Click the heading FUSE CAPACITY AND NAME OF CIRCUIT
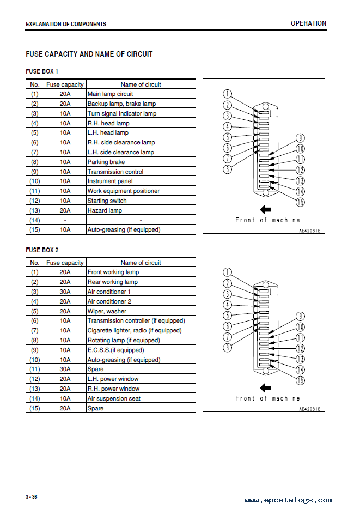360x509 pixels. coord(89,54)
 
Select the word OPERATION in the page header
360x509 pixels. coord(308,23)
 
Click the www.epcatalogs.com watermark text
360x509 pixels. coord(288,500)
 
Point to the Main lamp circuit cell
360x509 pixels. coord(110,94)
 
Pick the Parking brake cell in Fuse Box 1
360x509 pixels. coord(106,162)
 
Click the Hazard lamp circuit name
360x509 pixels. coord(105,210)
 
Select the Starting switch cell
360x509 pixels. coord(107,201)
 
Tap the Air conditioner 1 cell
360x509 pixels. coord(109,292)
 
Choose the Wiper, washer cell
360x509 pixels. coord(107,311)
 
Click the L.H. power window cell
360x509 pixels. coord(113,379)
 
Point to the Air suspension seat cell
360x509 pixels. coord(114,398)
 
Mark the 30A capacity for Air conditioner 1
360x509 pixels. coord(65,292)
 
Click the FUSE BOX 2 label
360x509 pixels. coord(42,250)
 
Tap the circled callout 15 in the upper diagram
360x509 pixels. coord(300,202)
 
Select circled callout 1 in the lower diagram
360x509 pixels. coord(228,272)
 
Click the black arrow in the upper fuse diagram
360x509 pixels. coord(266,209)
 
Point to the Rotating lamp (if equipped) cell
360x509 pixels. coord(124,340)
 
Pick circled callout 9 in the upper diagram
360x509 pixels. coord(300,138)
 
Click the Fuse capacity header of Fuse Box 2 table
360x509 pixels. coord(65,263)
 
